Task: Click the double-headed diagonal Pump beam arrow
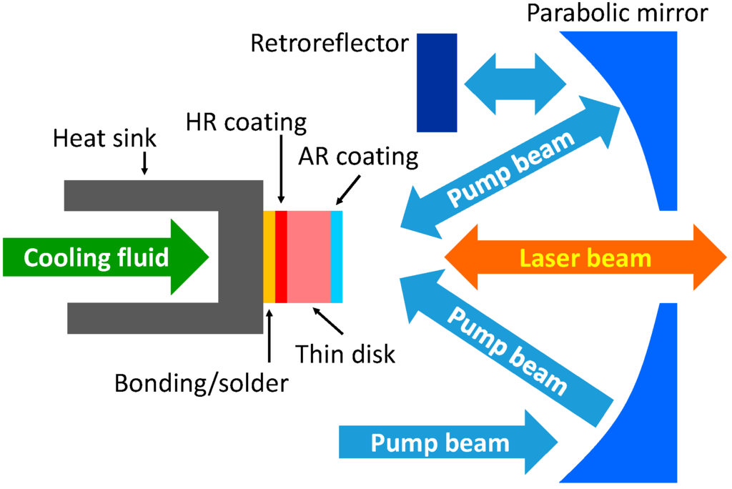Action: point(511,167)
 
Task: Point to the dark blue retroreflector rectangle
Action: point(437,82)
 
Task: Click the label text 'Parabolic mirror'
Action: point(627,14)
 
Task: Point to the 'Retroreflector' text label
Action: point(330,44)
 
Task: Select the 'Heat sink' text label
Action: point(104,138)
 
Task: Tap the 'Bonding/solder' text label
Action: point(202,384)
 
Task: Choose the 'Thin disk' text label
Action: point(346,353)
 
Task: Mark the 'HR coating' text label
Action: point(246,122)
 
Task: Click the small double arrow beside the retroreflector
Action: point(515,84)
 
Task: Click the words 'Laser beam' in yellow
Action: point(585,257)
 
